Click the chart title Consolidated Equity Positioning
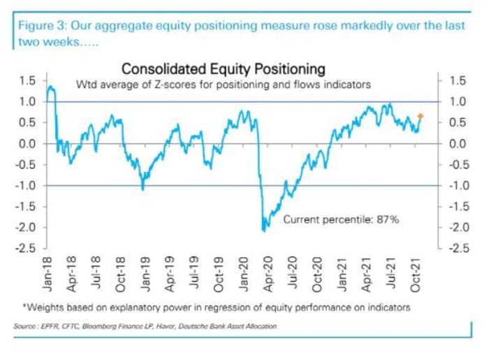coord(223,69)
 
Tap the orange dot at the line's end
coord(421,116)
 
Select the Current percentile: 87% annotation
coord(340,219)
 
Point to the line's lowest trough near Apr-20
coord(264,230)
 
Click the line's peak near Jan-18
coord(50,87)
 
